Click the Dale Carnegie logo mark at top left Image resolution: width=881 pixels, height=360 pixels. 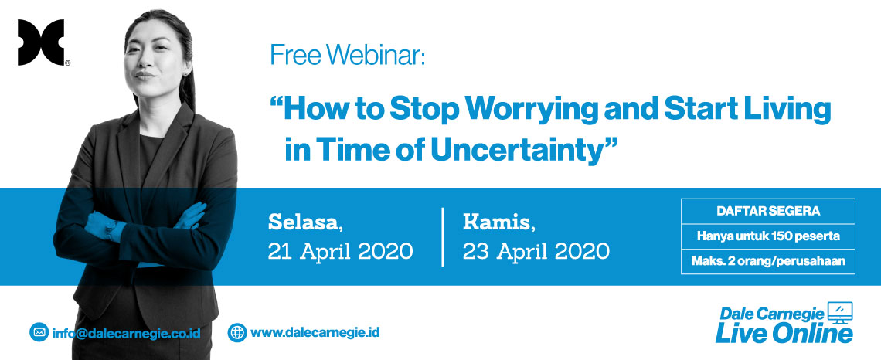(x=40, y=42)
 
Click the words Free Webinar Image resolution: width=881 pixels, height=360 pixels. (x=348, y=55)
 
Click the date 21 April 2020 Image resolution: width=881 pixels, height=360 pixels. (x=341, y=252)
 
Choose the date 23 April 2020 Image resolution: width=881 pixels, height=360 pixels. (x=536, y=252)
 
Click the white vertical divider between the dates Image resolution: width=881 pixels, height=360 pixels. (x=443, y=236)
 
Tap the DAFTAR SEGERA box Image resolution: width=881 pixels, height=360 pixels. (x=768, y=212)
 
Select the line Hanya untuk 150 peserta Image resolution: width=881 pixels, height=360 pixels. (x=768, y=236)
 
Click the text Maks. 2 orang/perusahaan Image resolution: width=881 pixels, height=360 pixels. (x=768, y=261)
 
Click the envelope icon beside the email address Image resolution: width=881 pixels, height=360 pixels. (x=39, y=332)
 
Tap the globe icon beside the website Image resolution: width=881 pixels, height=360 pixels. (x=237, y=332)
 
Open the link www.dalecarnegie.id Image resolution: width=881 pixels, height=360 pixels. (x=315, y=332)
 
